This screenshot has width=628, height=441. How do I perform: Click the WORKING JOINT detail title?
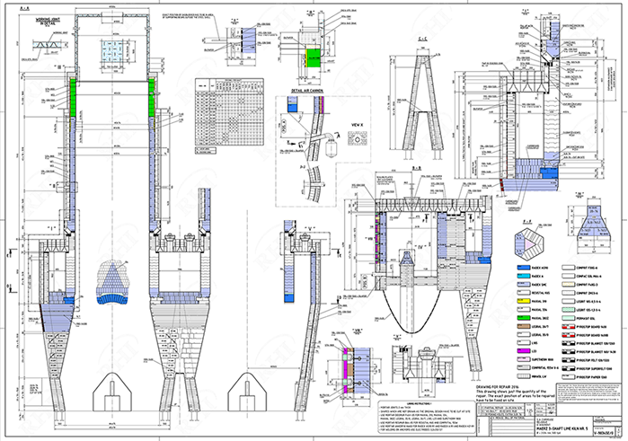38,19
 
